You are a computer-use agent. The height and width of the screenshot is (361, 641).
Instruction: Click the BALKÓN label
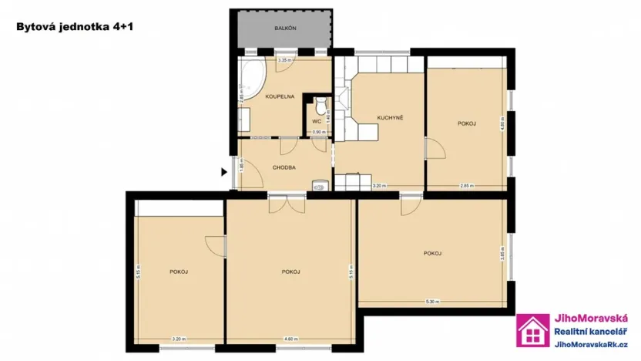[x=285, y=29]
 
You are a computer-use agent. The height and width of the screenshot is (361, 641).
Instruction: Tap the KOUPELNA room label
[x=278, y=97]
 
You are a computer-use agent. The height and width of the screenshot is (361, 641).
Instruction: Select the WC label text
[x=316, y=122]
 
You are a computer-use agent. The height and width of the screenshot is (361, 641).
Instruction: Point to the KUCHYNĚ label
[x=390, y=117]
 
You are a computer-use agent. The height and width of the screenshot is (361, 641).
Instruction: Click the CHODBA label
[x=285, y=167]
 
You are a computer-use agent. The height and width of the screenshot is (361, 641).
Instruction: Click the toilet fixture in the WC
[x=320, y=103]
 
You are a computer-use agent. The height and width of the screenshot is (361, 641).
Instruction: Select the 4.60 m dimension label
[x=290, y=340]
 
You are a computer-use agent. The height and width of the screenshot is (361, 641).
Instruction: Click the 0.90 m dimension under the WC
[x=317, y=132]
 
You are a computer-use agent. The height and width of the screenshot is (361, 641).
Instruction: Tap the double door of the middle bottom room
[x=286, y=204]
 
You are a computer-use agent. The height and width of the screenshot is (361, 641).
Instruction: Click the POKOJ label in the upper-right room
[x=466, y=123]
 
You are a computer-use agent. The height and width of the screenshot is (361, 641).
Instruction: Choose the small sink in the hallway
[x=319, y=184]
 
